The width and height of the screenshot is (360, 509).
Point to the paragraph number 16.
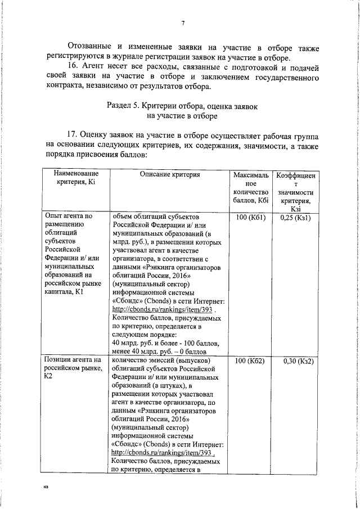click(74, 67)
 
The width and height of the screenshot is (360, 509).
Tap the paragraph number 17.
click(74, 135)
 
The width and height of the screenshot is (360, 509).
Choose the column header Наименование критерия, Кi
click(76, 180)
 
